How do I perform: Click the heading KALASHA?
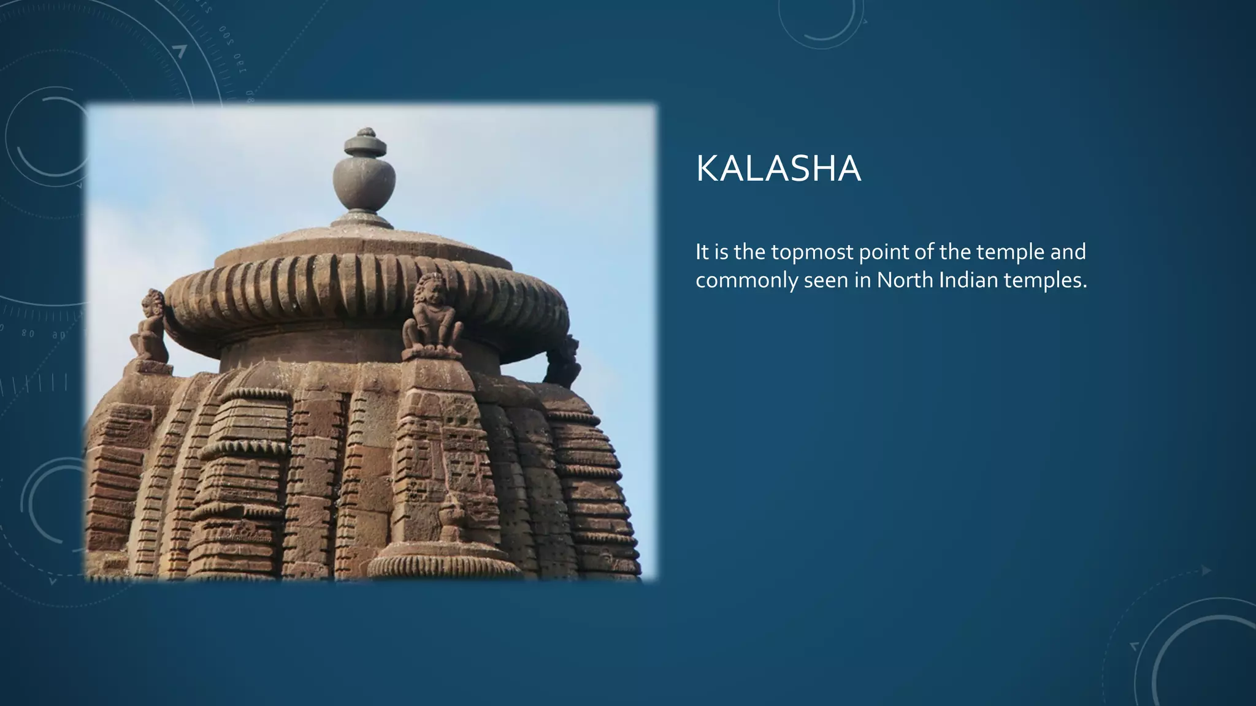coord(778,169)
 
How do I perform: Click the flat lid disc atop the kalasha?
coord(366,146)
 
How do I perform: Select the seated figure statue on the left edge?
coord(150,329)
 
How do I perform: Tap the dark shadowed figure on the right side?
coord(563,362)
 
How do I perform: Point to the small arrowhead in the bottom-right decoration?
coord(1206,571)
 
